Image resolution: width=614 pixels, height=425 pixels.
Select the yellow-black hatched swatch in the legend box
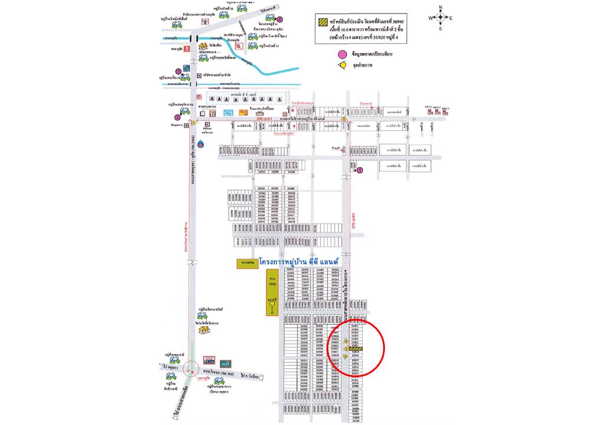point(322,21)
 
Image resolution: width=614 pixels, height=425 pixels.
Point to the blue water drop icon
point(201,143)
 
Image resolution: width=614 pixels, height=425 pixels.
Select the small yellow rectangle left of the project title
point(247,263)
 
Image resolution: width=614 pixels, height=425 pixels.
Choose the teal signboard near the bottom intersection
point(224,363)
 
